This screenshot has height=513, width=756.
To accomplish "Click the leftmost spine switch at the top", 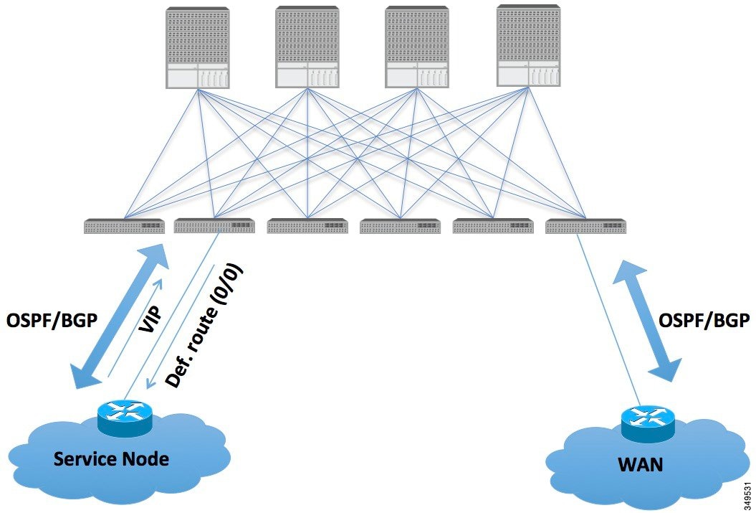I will pyautogui.click(x=197, y=47).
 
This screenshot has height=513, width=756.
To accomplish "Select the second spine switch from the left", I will pyautogui.click(x=307, y=47).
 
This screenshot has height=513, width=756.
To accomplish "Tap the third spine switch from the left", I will pyautogui.click(x=417, y=47).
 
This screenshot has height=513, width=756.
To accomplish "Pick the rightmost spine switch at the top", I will pyautogui.click(x=528, y=46).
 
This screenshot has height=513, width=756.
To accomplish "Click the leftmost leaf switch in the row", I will pyautogui.click(x=124, y=227).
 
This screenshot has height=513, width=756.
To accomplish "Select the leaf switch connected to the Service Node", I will pyautogui.click(x=215, y=226).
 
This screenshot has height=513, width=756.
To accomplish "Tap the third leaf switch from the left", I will pyautogui.click(x=307, y=227).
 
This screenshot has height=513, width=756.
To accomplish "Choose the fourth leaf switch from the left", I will pyautogui.click(x=400, y=227).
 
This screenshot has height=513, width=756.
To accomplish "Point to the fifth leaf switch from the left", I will pyautogui.click(x=492, y=227).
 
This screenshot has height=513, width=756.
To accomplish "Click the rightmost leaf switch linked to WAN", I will pyautogui.click(x=585, y=227).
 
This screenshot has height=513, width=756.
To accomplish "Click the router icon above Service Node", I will pyautogui.click(x=125, y=418).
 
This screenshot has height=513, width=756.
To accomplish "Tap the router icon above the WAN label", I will pyautogui.click(x=647, y=423).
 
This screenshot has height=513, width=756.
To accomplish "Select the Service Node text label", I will pyautogui.click(x=112, y=458).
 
